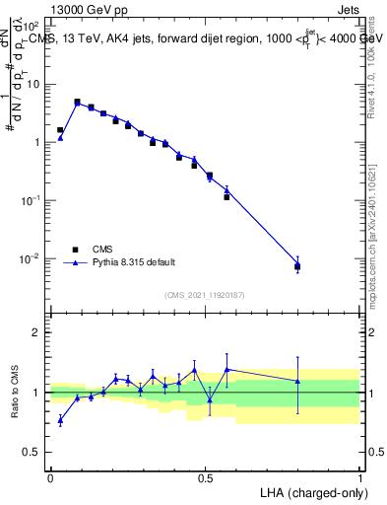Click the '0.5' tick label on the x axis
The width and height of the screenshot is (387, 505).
pyautogui.click(x=205, y=477)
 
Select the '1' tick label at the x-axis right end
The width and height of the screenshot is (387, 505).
pyautogui.click(x=359, y=477)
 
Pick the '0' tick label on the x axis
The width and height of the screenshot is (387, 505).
pyautogui.click(x=50, y=477)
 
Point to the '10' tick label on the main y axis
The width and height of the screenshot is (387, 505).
pyautogui.click(x=32, y=84)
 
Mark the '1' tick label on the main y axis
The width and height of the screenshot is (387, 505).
pyautogui.click(x=36, y=142)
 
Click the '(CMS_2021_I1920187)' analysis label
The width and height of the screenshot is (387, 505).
pyautogui.click(x=205, y=295)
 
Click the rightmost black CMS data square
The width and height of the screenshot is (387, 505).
pyautogui.click(x=297, y=266)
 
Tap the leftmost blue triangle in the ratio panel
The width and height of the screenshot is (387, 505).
pyautogui.click(x=60, y=420)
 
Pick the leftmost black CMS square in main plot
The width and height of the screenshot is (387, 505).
pyautogui.click(x=60, y=130)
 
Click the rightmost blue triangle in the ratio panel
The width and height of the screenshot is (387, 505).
pyautogui.click(x=297, y=381)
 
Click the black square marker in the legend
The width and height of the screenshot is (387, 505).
pyautogui.click(x=75, y=250)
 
